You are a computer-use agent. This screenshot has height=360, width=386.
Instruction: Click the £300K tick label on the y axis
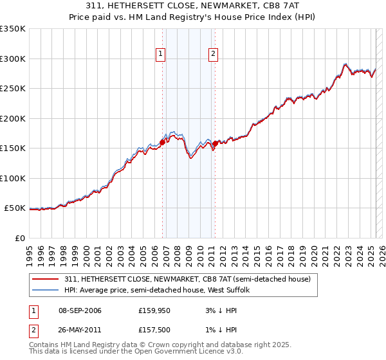[13, 59]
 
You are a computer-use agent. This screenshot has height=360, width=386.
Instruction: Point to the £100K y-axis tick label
[13, 178]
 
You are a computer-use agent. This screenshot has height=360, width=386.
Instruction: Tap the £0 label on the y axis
[20, 238]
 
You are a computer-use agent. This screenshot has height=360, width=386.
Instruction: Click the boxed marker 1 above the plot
[160, 55]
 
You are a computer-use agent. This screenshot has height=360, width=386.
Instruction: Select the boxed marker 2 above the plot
[212, 55]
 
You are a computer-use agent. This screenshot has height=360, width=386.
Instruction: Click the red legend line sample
[46, 279]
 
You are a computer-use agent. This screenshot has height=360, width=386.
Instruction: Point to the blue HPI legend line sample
[46, 291]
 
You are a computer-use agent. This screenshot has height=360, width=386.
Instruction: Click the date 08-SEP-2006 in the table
[80, 310]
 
